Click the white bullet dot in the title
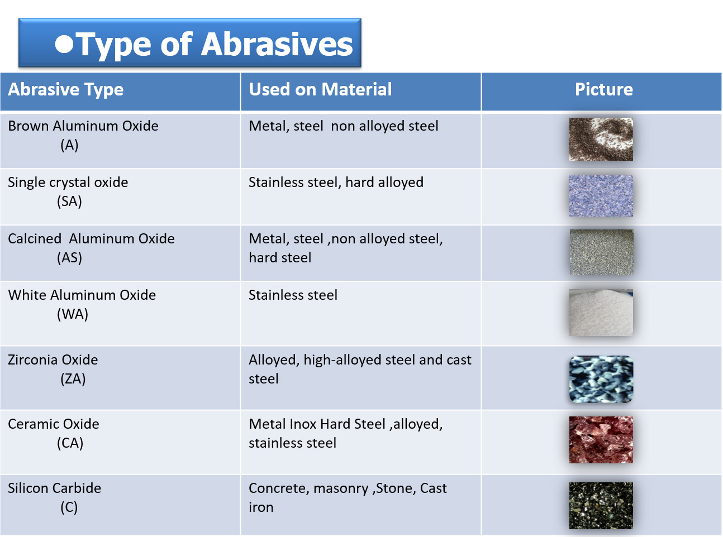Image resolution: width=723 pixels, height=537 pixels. point(64,44)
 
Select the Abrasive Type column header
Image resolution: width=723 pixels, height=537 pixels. point(65,89)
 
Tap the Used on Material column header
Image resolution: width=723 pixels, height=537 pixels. point(320,89)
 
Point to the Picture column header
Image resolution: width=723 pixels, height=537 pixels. point(603,89)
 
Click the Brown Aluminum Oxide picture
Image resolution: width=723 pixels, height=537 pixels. point(601,139)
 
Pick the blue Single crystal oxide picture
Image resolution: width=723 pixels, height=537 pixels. point(601,196)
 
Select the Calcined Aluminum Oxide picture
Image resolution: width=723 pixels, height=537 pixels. point(601,252)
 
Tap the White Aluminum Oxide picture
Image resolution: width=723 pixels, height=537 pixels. point(601,312)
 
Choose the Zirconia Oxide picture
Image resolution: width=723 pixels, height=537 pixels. point(601,379)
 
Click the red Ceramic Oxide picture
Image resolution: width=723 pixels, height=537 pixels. point(601,440)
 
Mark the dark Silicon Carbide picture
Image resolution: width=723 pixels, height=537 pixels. point(601,505)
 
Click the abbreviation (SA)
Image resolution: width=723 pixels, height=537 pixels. point(69,202)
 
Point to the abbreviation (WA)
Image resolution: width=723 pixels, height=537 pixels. point(73,314)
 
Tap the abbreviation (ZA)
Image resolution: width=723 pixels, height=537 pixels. point(73,378)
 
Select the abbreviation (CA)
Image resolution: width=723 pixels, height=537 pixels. point(70,443)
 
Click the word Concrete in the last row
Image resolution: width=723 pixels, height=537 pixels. point(277,488)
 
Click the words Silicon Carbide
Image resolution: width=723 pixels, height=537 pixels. point(54,488)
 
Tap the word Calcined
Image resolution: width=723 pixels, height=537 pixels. point(35,239)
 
